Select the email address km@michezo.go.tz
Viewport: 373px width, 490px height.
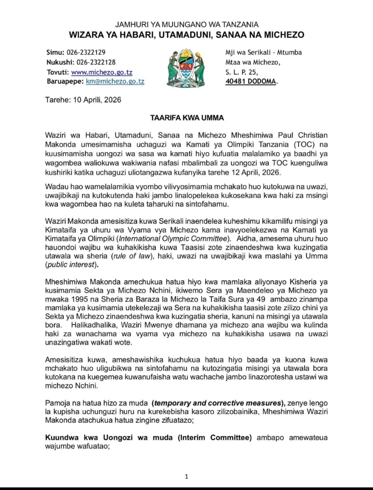pos(115,81)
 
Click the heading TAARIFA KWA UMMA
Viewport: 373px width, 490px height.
pos(187,118)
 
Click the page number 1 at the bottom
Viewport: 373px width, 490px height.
pos(187,477)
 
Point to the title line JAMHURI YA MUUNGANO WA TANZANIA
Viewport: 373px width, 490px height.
pos(187,24)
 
